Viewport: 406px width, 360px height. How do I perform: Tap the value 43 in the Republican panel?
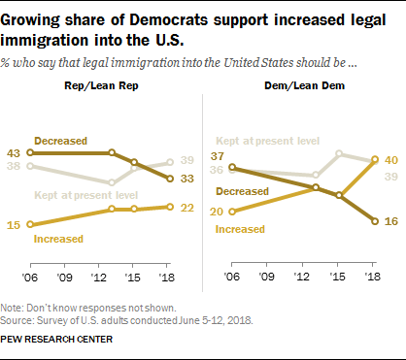15,152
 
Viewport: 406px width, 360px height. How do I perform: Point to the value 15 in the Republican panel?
15,224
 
